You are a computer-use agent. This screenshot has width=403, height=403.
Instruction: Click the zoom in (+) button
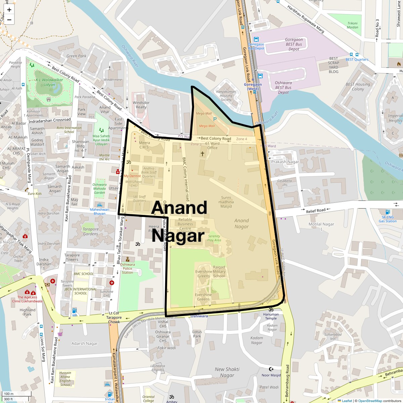point(9,10)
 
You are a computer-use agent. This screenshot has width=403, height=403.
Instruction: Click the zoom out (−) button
point(9,20)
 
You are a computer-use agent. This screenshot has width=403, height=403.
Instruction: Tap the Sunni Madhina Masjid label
point(226,202)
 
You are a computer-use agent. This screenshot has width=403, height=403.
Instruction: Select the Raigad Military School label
point(219,272)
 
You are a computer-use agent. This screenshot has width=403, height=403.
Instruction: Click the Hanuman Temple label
point(271,316)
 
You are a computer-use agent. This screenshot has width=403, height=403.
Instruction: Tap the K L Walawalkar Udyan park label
point(49,82)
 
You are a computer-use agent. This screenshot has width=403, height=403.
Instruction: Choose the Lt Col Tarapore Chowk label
point(114,317)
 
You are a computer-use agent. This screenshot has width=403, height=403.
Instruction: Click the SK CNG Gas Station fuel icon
point(388,212)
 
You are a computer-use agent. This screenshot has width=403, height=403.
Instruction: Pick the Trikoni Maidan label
point(352,25)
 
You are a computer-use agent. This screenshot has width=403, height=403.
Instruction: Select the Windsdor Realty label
point(141,105)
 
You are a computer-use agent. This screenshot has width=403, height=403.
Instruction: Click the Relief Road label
point(316,211)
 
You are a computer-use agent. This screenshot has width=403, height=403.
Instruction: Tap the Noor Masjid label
point(271,375)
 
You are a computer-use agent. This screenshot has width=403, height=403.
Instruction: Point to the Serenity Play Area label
point(214,238)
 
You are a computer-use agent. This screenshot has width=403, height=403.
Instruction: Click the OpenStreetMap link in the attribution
point(370,401)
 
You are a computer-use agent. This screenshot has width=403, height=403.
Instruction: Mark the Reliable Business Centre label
point(185,224)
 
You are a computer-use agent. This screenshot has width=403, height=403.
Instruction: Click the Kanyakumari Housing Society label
point(226,95)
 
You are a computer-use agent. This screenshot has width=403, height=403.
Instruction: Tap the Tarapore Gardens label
point(91,231)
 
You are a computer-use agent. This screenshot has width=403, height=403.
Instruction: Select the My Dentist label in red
point(132,176)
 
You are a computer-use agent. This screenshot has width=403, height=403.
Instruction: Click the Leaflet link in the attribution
point(347,401)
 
